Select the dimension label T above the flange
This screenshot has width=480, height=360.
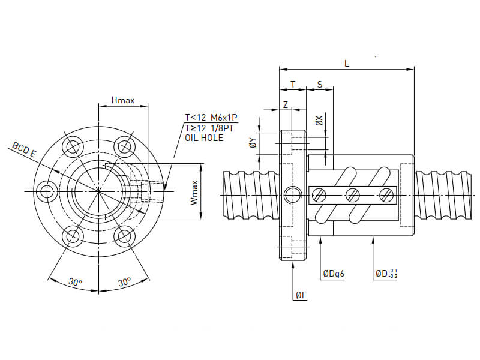coord(293,84)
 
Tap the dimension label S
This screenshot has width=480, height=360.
coord(320,84)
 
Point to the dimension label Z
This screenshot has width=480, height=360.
coord(286,105)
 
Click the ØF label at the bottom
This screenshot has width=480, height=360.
coord(301,295)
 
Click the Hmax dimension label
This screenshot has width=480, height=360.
coord(123,100)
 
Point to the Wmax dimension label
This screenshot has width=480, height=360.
coord(194,192)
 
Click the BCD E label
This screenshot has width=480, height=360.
coord(24,150)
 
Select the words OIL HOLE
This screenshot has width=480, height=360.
coord(204,138)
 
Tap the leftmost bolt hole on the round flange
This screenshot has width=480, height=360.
coord(46,191)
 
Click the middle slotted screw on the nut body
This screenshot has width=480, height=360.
coord(353,194)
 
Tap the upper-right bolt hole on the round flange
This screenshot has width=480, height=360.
coord(124,146)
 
